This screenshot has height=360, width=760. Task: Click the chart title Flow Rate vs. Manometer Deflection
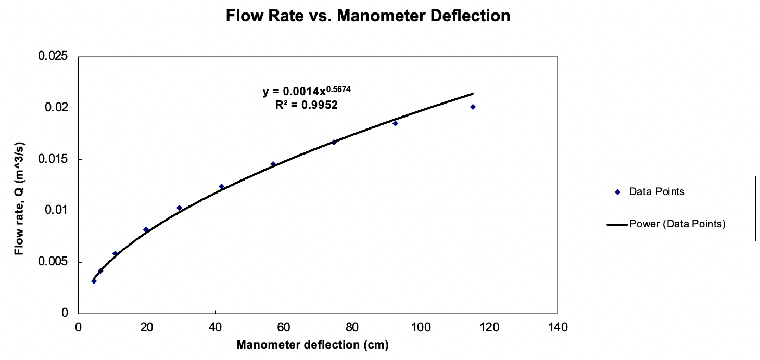[x=368, y=16]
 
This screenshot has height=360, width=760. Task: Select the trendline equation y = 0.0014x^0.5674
[x=307, y=92]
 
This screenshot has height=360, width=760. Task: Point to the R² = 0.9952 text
[x=307, y=105]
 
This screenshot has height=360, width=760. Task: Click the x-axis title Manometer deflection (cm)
[x=313, y=345]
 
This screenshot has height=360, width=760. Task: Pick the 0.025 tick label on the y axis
[x=54, y=56]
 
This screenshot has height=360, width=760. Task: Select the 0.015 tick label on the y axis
[x=54, y=159]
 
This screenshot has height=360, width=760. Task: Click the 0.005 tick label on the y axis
[x=54, y=262]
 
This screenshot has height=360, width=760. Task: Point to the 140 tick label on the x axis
[x=557, y=328]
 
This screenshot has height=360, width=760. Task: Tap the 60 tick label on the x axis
[x=284, y=328]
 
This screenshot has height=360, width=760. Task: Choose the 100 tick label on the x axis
[x=420, y=328]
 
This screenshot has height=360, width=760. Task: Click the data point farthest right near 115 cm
[x=473, y=107]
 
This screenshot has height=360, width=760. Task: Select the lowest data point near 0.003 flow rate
[x=94, y=281]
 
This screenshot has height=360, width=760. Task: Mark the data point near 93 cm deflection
[x=395, y=123]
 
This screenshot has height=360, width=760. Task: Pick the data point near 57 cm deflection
[x=273, y=164]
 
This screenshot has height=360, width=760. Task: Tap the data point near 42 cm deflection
[x=221, y=186]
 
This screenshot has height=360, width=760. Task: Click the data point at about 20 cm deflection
[x=146, y=229]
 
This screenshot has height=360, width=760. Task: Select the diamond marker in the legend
[x=618, y=192]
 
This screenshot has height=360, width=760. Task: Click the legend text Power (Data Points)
[x=677, y=224]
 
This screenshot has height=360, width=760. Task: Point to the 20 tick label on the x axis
[x=147, y=328]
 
